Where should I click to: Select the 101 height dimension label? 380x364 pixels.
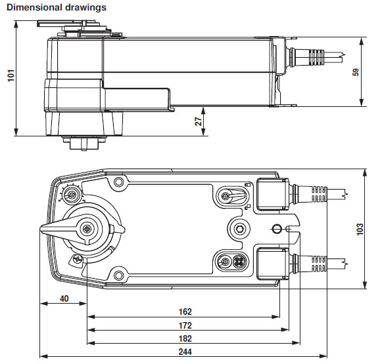point(9,76)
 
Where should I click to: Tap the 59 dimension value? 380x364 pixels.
point(356,71)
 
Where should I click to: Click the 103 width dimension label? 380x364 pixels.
point(359,229)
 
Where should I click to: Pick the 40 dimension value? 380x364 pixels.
point(64,298)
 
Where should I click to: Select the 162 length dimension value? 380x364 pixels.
point(185,312)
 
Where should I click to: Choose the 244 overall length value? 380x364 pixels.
point(185,352)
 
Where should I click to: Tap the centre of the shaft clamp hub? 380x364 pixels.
point(87,228)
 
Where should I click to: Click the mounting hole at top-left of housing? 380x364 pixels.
point(118,182)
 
